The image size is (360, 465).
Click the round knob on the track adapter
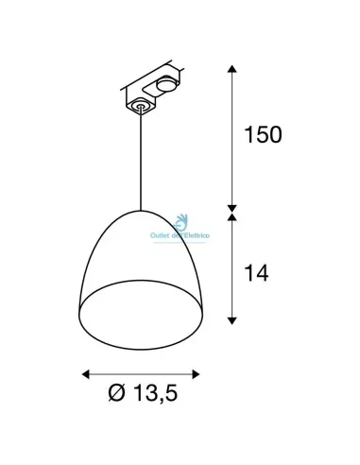(164, 84)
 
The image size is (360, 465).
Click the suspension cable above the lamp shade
(143, 161)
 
